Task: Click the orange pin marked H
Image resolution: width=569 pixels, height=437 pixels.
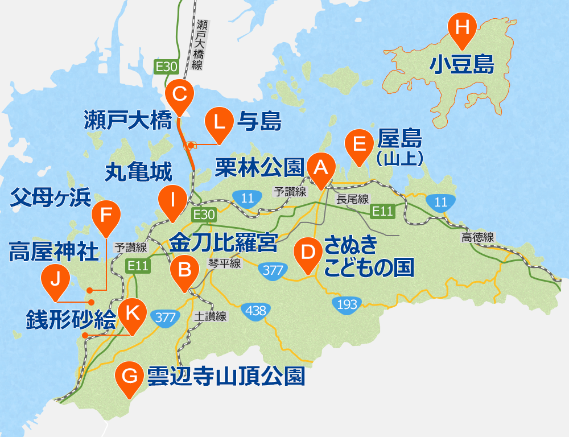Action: [x=461, y=28]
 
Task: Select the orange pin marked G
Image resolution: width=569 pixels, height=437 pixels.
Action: [x=130, y=376]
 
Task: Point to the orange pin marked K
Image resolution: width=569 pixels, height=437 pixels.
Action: [x=132, y=312]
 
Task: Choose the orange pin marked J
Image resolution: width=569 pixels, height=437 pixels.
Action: [x=56, y=279]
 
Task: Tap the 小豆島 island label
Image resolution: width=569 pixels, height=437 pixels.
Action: [x=461, y=64]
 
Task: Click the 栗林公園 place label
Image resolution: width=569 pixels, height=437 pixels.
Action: [x=259, y=166]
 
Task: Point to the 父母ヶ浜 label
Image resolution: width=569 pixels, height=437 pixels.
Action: [x=51, y=198]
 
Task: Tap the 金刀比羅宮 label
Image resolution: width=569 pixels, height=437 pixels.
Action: [x=223, y=243]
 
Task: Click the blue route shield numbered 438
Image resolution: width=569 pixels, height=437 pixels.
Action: [x=254, y=311]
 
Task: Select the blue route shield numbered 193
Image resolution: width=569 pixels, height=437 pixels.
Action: [x=347, y=304]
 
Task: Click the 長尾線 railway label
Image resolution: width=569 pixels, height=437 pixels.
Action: [x=353, y=199]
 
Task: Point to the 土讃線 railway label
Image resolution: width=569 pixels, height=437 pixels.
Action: [x=210, y=316]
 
